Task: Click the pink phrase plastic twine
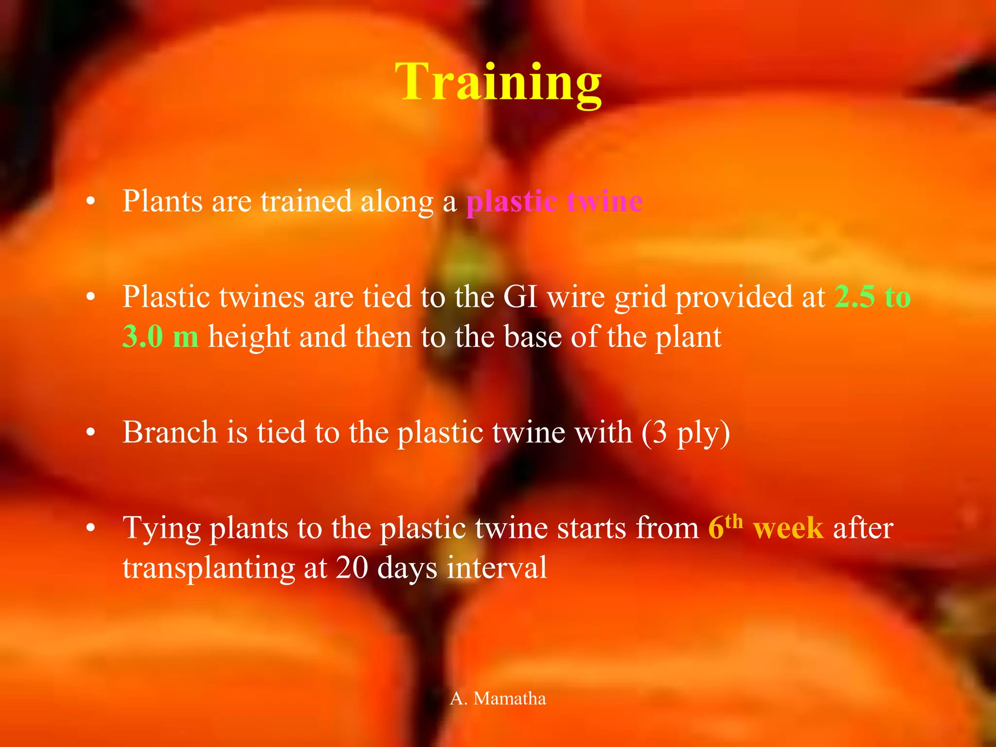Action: pyautogui.click(x=554, y=201)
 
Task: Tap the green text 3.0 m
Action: pyautogui.click(x=160, y=337)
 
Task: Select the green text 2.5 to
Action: pyautogui.click(x=872, y=297)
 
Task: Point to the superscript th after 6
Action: pyautogui.click(x=734, y=522)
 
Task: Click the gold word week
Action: pyautogui.click(x=788, y=529)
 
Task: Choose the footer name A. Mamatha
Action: pyautogui.click(x=498, y=698)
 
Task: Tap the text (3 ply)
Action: pyautogui.click(x=686, y=433)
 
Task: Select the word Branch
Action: pyautogui.click(x=170, y=432)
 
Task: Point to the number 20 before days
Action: pyautogui.click(x=352, y=568)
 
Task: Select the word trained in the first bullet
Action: pyautogui.click(x=306, y=201)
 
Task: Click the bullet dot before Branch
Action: pyautogui.click(x=90, y=433)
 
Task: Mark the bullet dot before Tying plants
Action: pyautogui.click(x=90, y=529)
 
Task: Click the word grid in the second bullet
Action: pyautogui.click(x=640, y=298)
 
